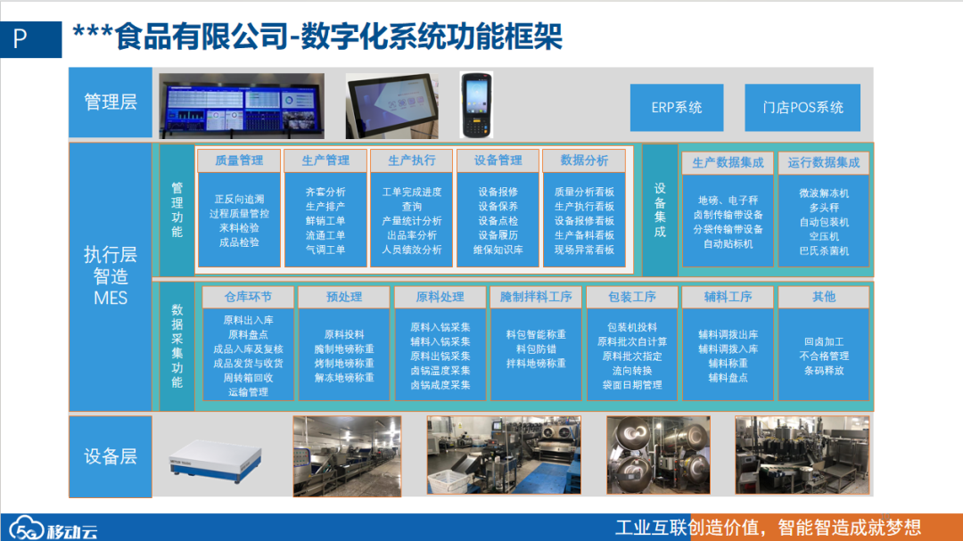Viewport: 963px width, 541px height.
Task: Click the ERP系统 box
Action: click(x=677, y=108)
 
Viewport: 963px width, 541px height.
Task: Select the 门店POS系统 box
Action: click(x=802, y=108)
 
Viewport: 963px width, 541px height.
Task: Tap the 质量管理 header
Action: click(x=239, y=160)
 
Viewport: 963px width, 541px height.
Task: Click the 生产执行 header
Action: click(x=412, y=160)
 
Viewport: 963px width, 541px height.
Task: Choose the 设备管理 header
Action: click(x=498, y=160)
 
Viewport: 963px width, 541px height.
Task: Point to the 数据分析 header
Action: click(x=584, y=160)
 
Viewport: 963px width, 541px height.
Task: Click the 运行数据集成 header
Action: click(x=824, y=162)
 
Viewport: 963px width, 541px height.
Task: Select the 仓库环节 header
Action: click(x=248, y=297)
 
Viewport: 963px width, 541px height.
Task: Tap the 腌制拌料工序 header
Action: click(x=536, y=297)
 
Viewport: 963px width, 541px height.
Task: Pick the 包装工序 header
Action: click(x=632, y=297)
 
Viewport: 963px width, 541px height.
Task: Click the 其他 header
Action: click(x=824, y=297)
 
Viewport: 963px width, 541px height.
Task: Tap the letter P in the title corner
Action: click(x=21, y=39)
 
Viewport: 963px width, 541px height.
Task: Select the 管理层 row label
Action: click(x=111, y=102)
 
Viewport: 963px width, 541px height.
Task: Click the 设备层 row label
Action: click(x=111, y=456)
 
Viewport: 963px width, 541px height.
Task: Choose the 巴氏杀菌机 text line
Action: click(x=824, y=251)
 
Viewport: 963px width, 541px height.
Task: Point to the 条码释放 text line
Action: click(x=824, y=371)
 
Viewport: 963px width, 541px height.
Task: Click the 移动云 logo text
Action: click(x=71, y=530)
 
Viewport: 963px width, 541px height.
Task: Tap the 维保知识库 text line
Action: click(x=498, y=250)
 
